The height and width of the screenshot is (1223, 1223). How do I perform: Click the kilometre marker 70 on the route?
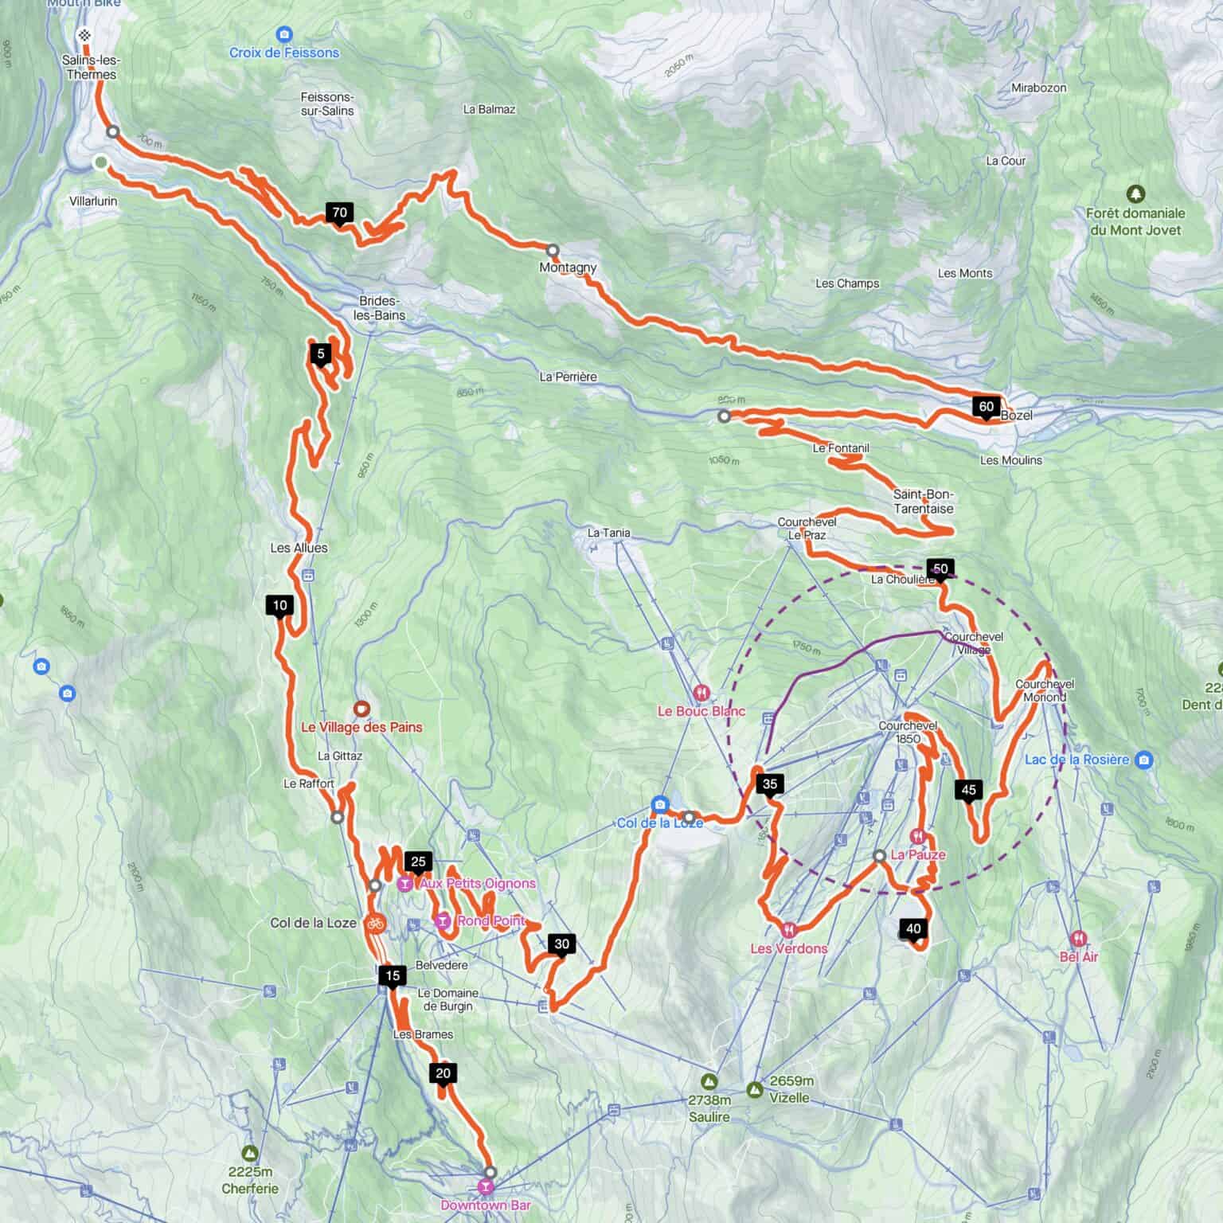[340, 213]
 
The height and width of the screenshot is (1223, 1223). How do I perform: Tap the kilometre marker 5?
[320, 354]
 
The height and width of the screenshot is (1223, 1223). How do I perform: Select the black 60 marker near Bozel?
[986, 407]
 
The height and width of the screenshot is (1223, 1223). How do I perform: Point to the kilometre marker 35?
[769, 784]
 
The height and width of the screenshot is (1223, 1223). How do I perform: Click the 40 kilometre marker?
[913, 929]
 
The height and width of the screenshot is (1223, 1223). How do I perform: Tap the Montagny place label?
[568, 268]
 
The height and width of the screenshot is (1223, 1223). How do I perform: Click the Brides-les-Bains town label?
[379, 308]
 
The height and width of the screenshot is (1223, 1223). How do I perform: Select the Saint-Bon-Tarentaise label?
[923, 502]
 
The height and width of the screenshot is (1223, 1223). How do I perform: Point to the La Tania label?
[608, 533]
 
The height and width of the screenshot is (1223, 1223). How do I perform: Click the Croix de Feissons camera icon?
[284, 34]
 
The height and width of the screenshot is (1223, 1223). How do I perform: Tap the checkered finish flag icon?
[85, 35]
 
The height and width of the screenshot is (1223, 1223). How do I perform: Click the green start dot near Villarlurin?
[100, 162]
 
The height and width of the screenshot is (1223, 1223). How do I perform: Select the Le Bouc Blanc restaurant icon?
[701, 693]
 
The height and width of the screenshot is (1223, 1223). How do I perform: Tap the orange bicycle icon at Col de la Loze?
[376, 924]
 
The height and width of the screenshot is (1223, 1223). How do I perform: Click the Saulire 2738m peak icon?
[708, 1082]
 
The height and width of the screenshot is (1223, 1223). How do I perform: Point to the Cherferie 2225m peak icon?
[250, 1153]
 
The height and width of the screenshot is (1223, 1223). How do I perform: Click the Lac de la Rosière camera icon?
[1143, 759]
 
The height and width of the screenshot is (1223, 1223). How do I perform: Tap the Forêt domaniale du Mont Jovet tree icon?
[1135, 193]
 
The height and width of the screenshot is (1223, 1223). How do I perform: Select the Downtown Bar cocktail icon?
[484, 1187]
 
